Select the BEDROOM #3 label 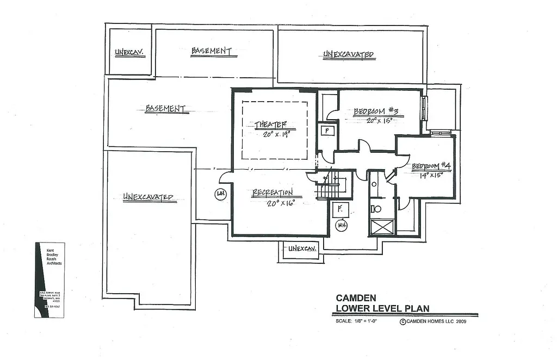tap(376, 111)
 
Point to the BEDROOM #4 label tap(431, 166)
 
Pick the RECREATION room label tap(273, 193)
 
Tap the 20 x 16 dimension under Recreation tap(280, 203)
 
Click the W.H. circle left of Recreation tap(221, 194)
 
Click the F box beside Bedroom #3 tap(327, 131)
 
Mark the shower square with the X tap(381, 227)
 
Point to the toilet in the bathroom tap(375, 208)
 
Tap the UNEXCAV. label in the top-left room tap(129, 53)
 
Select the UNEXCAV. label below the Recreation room tap(302, 249)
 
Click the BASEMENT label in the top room tap(212, 51)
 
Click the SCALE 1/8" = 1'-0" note tap(356, 321)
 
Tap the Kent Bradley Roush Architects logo tap(49, 280)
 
